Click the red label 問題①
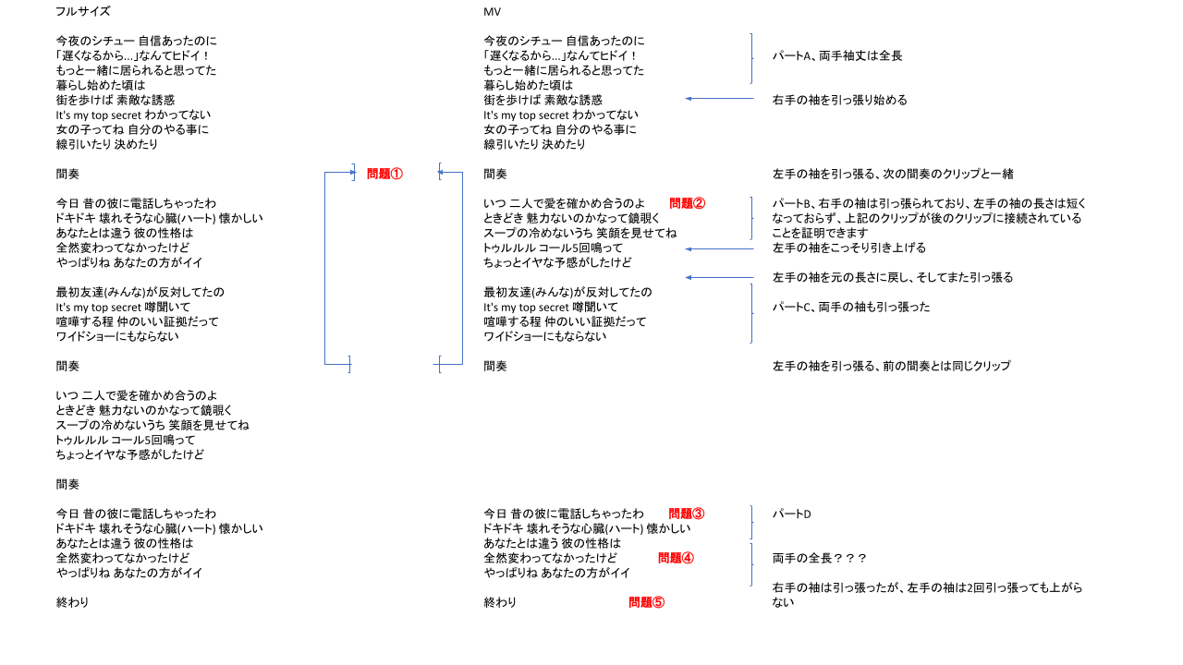384,174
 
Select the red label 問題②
687,203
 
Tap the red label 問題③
687,514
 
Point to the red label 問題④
676,558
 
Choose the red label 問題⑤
646,602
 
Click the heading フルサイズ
83,11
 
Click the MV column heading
493,12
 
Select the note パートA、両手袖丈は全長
837,55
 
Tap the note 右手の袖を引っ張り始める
840,100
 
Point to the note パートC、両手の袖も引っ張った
851,307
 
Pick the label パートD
792,514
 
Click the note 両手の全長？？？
819,558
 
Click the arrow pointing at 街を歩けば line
719,99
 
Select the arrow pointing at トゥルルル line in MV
719,248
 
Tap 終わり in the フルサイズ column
72,602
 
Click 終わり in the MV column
500,602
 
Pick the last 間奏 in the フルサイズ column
67,484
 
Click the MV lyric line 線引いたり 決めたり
534,144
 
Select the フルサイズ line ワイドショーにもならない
117,336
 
